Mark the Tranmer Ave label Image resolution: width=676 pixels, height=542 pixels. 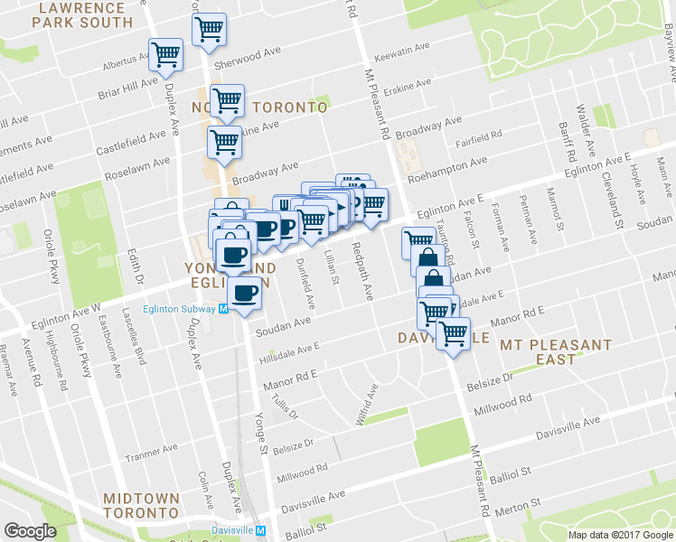(x=151, y=453)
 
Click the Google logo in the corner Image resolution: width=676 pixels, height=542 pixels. (x=30, y=531)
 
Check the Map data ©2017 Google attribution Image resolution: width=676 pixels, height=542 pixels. (x=619, y=535)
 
